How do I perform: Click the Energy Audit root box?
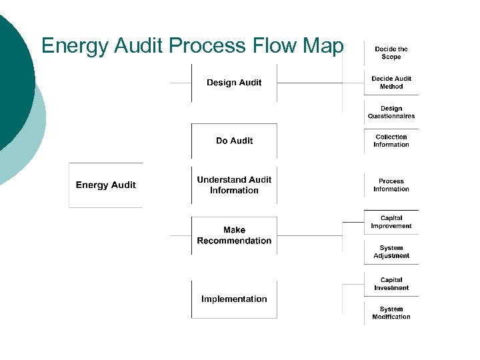pos(105,185)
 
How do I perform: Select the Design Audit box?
pos(234,83)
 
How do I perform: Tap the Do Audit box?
pos(234,141)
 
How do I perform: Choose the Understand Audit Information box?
pos(234,185)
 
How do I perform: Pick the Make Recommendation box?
pos(234,235)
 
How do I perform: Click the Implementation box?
pos(234,299)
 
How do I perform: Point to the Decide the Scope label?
pos(391,53)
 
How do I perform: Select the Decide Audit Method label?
pos(391,83)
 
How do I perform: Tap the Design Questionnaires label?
pos(391,112)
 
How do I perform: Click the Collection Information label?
pos(391,141)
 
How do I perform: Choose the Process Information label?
pos(391,185)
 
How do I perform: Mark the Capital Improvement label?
pos(391,222)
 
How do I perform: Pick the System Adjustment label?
pos(391,252)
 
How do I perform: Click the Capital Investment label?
pos(391,284)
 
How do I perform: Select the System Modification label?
pos(391,313)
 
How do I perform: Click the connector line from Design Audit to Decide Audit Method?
pos(310,83)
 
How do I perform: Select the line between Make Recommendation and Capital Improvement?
pos(310,235)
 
